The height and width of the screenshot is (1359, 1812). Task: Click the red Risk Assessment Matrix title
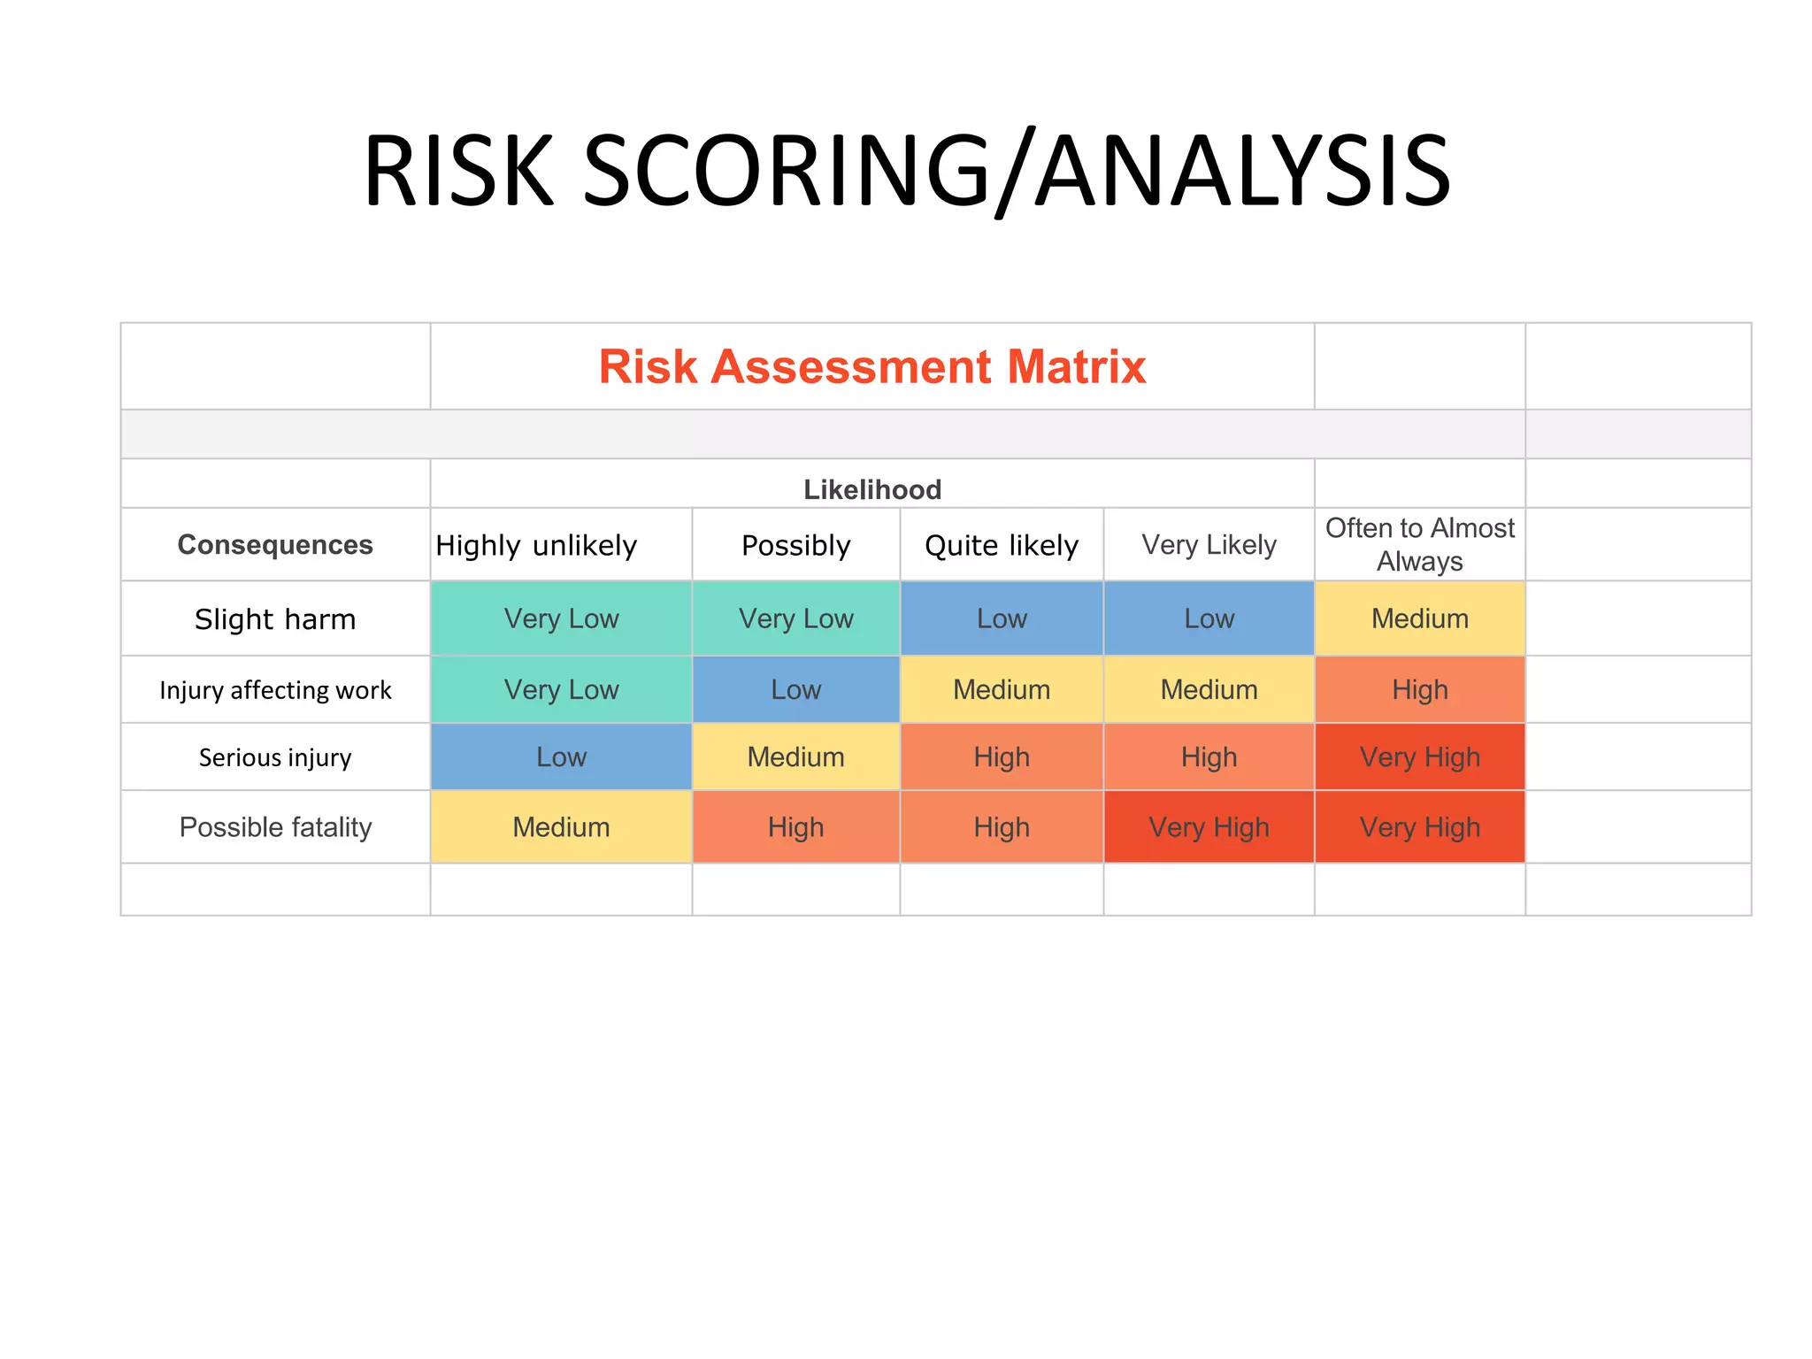(x=871, y=366)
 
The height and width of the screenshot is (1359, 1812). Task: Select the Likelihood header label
(x=871, y=489)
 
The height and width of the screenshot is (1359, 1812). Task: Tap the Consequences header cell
(x=275, y=545)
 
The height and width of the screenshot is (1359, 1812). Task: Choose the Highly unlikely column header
(x=536, y=545)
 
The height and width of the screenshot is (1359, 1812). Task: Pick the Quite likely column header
(x=1001, y=545)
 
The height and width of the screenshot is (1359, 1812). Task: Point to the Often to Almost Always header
(x=1419, y=544)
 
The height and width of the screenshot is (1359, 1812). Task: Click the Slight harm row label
(x=275, y=618)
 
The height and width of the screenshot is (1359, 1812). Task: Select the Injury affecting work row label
(x=275, y=689)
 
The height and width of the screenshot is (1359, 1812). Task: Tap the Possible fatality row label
(x=275, y=827)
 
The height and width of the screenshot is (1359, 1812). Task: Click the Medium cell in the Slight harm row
(x=1419, y=618)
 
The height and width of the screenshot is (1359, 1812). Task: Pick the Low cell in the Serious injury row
(x=561, y=757)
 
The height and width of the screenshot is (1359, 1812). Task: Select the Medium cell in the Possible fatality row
(x=561, y=827)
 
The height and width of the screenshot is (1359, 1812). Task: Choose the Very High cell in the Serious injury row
(x=1419, y=757)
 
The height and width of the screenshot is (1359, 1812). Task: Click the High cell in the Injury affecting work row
(x=1419, y=689)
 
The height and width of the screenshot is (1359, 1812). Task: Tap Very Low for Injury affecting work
(x=561, y=689)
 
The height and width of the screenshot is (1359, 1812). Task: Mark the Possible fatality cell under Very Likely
(x=1209, y=827)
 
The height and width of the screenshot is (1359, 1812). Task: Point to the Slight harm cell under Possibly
(x=795, y=618)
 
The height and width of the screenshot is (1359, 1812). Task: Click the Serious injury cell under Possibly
(x=795, y=757)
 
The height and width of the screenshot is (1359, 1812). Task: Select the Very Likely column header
(x=1209, y=545)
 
